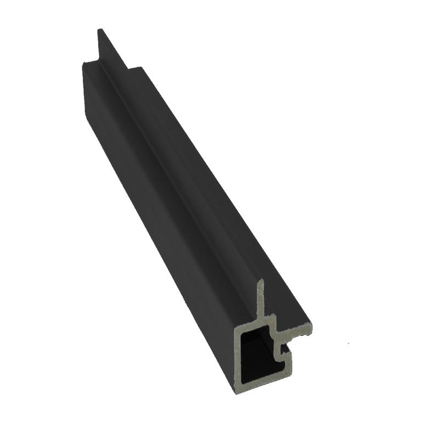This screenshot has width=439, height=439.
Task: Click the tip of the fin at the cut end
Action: (x=262, y=280)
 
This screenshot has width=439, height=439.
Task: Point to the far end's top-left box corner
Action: (x=83, y=63)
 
